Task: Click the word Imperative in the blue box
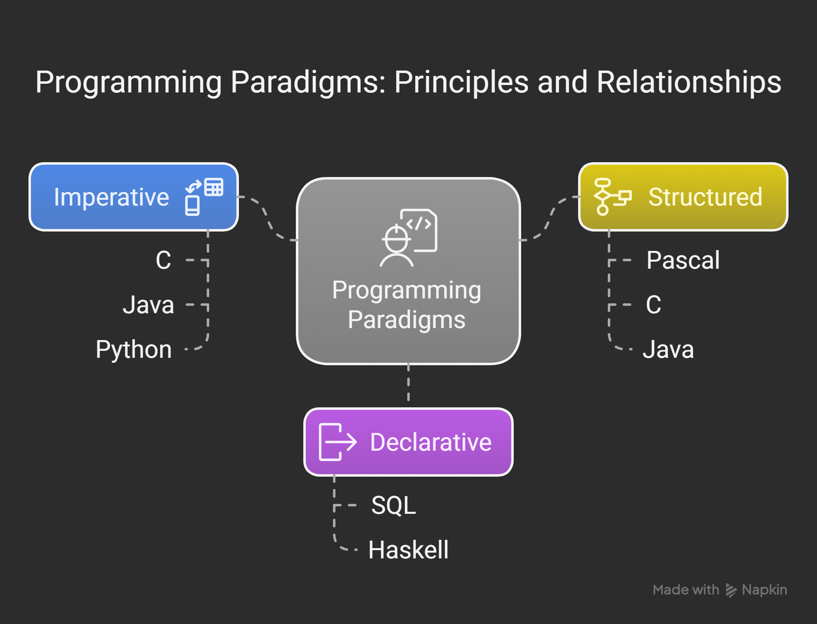pyautogui.click(x=111, y=197)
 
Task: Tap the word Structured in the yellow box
pyautogui.click(x=705, y=197)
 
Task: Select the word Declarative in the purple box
pyautogui.click(x=430, y=442)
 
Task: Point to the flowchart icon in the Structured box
pyautogui.click(x=612, y=197)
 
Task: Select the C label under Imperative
pyautogui.click(x=163, y=260)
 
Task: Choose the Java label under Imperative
pyautogui.click(x=148, y=305)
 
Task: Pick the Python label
pyautogui.click(x=134, y=350)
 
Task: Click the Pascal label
pyautogui.click(x=683, y=260)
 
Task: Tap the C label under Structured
pyautogui.click(x=653, y=305)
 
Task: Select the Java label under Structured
pyautogui.click(x=668, y=350)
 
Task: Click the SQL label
pyautogui.click(x=394, y=505)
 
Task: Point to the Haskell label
pyautogui.click(x=408, y=550)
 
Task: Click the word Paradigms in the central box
pyautogui.click(x=406, y=320)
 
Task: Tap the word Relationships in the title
pyautogui.click(x=689, y=82)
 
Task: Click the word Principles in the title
pyautogui.click(x=461, y=82)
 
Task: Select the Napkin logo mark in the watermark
pyautogui.click(x=731, y=590)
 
